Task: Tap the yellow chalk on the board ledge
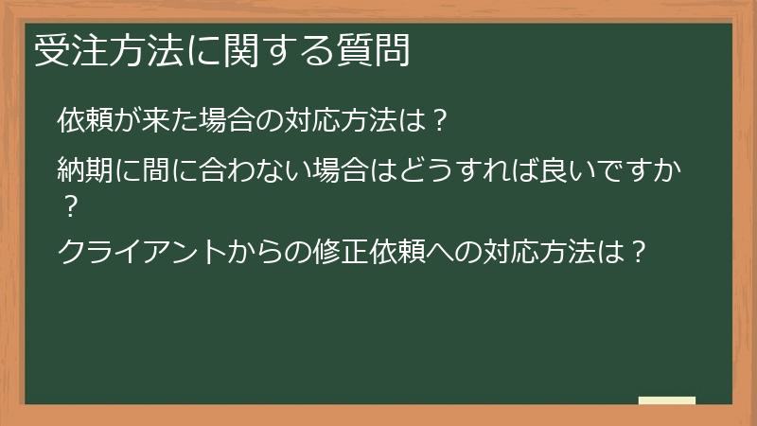[667, 401]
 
